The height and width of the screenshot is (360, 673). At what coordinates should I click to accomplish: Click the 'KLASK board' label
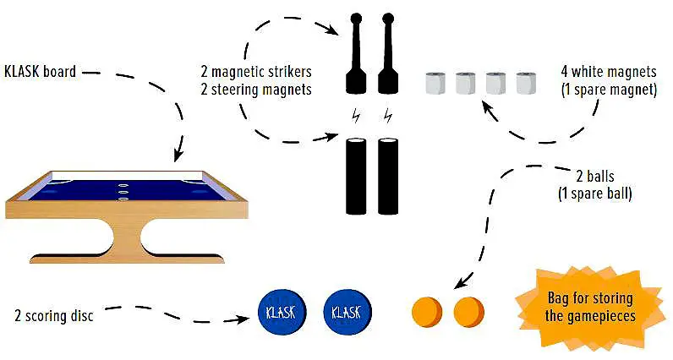coord(40,72)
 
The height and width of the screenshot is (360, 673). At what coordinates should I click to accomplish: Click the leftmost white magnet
coord(435,84)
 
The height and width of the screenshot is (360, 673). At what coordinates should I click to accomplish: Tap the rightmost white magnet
coord(527,84)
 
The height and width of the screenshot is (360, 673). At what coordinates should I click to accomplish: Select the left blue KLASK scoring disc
coord(279,313)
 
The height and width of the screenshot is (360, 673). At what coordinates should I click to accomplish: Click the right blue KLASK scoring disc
coord(346,313)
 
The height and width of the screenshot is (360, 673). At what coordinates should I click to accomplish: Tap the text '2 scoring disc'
coord(53,316)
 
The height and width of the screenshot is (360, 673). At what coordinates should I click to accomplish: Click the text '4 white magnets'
coord(608,72)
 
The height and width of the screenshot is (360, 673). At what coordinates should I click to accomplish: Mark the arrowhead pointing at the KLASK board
coord(178,156)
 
